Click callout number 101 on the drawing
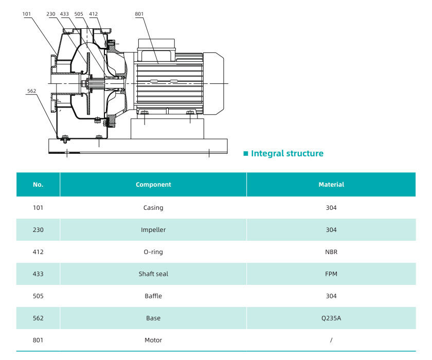(27, 14)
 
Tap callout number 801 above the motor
(139, 14)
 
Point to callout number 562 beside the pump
(32, 91)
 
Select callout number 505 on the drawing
(79, 14)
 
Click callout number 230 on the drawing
(51, 14)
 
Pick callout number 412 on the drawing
(93, 14)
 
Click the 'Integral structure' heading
(287, 153)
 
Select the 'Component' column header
(153, 185)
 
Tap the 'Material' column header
(331, 185)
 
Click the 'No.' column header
(38, 185)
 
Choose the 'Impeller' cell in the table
(153, 230)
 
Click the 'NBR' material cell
(331, 252)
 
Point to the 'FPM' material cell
(331, 274)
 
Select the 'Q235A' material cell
(331, 318)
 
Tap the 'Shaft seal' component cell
(153, 274)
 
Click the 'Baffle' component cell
(153, 296)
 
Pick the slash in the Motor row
(331, 340)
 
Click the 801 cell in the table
(38, 340)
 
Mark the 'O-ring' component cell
(153, 252)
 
